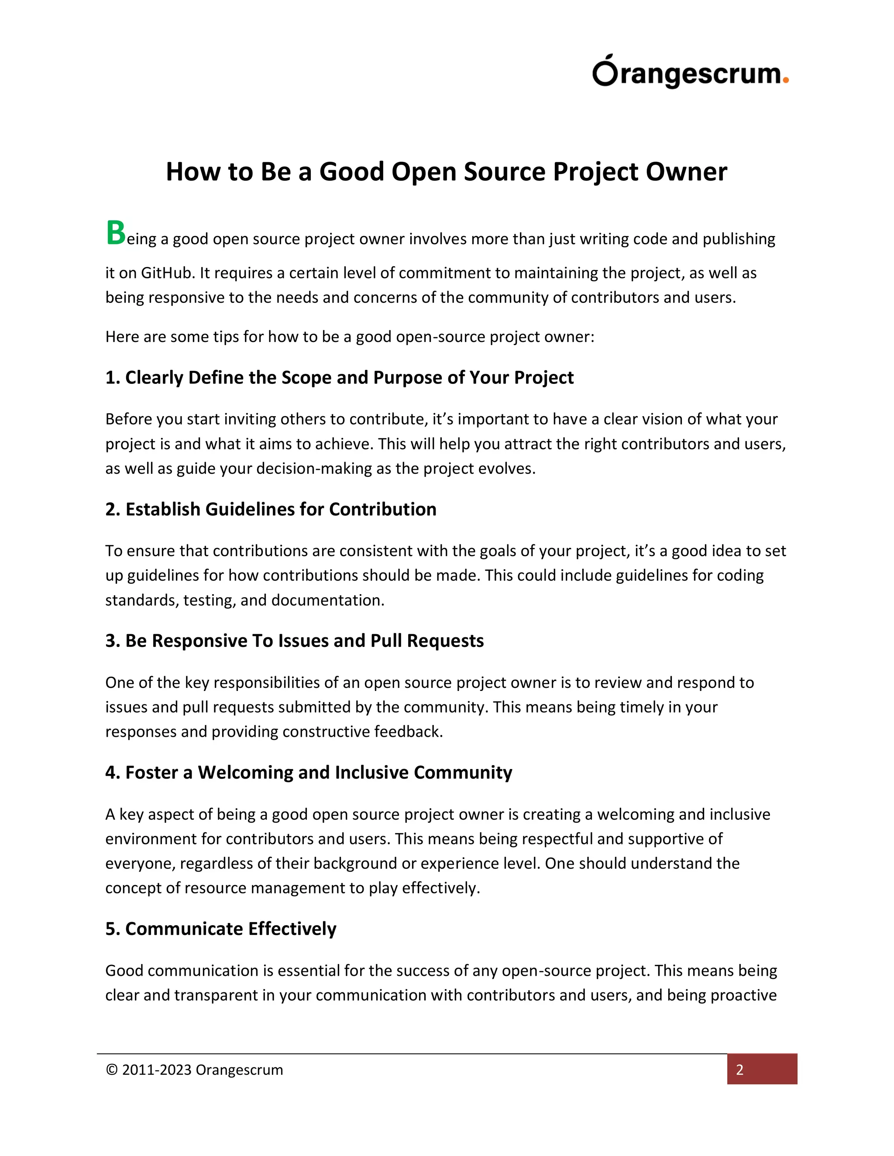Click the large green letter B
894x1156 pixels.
click(x=115, y=233)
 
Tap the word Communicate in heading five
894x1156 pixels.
click(x=184, y=929)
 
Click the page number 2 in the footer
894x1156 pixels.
click(x=740, y=1070)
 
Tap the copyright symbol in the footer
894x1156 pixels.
click(x=111, y=1070)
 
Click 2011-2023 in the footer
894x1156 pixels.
click(x=156, y=1070)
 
